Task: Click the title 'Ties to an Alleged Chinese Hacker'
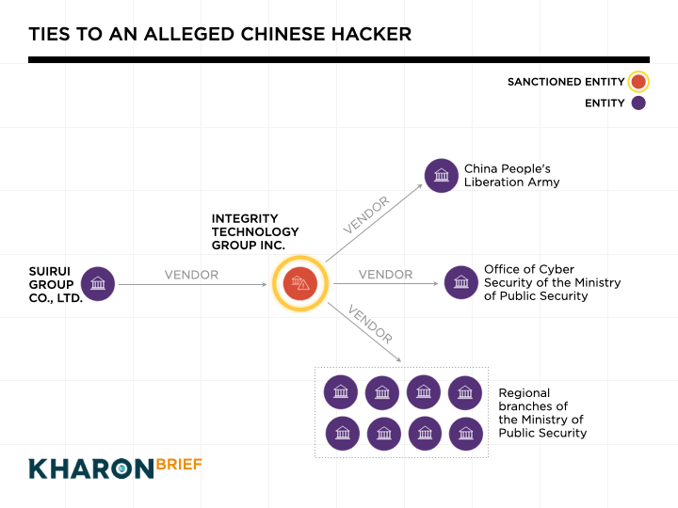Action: coord(219,35)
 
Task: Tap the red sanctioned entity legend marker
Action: coord(638,82)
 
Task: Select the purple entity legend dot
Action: coord(638,103)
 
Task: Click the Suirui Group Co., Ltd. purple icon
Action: coord(97,284)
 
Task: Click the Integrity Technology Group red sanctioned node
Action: coord(299,283)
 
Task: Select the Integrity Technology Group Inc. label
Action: coord(255,231)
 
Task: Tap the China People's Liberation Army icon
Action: coord(441,176)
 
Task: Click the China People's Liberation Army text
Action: coord(511,176)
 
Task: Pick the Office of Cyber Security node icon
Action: coord(460,282)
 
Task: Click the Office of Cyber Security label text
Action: coord(552,282)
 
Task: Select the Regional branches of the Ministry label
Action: coord(542,413)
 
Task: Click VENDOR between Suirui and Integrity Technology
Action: coord(191,275)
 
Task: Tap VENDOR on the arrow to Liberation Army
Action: coord(365,215)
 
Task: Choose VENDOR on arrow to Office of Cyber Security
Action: coord(385,275)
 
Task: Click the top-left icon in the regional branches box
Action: coord(340,392)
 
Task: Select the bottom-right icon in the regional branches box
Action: coord(465,433)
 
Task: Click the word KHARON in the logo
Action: coord(90,468)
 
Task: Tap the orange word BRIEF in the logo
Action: coord(179,464)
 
